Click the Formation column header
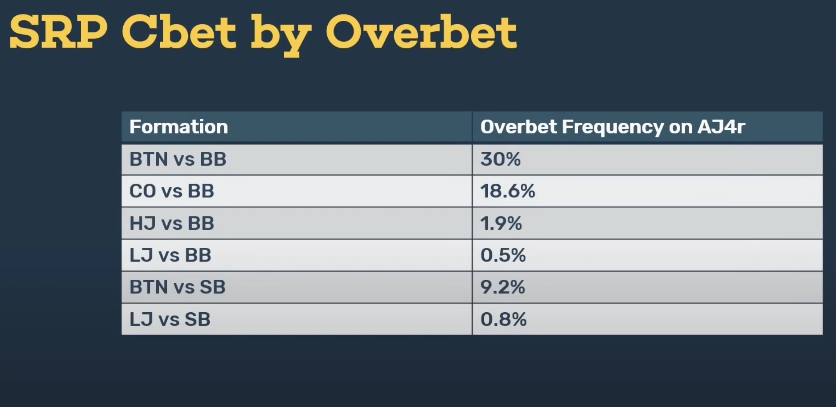[x=178, y=127]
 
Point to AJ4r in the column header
[x=721, y=127]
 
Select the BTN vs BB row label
[x=178, y=159]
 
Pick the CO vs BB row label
[x=172, y=191]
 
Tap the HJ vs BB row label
[x=172, y=223]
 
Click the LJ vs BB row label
[x=170, y=255]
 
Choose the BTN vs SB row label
[x=178, y=287]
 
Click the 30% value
[x=500, y=159]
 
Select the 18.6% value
[x=508, y=191]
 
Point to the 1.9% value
[x=501, y=223]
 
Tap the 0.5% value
[x=503, y=255]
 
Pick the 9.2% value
[x=503, y=287]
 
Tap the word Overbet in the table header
[x=518, y=127]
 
